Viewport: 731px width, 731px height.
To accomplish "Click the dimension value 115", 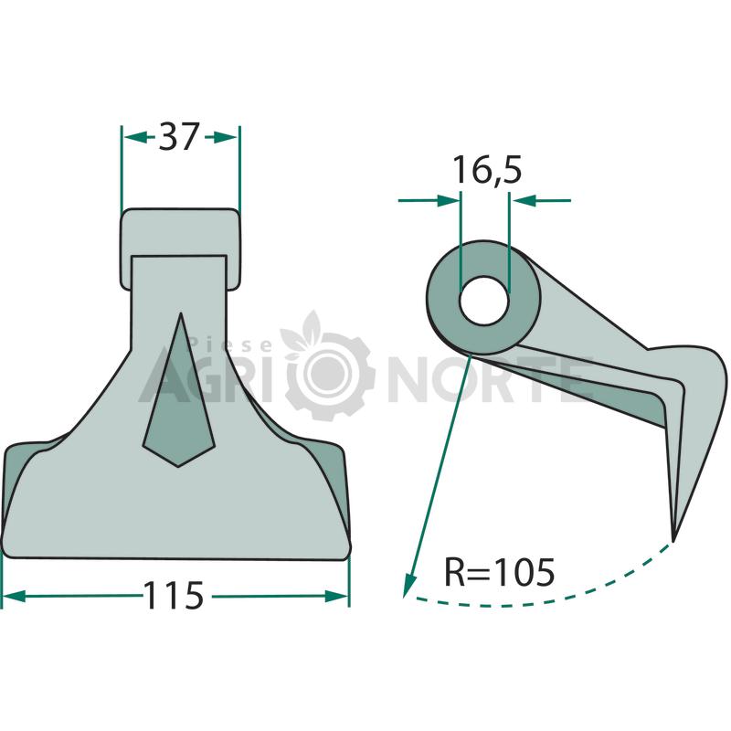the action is click(x=174, y=596).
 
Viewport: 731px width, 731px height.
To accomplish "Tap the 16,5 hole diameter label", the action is click(x=488, y=171).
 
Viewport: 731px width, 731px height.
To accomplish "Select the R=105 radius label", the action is click(x=499, y=572).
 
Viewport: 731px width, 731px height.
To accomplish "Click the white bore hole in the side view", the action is click(x=483, y=301).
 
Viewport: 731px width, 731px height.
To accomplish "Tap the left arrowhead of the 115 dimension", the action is click(x=14, y=596).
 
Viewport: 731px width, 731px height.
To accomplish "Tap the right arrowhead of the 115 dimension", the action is click(x=336, y=596).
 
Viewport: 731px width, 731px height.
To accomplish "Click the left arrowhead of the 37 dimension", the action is click(x=133, y=137).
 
